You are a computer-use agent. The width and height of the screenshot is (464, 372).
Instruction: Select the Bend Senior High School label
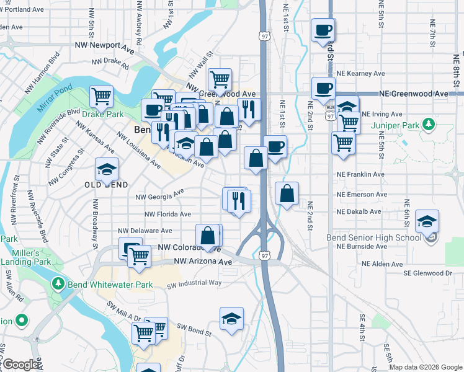[374, 237]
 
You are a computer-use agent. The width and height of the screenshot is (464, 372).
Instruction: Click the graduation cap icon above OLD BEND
[107, 169]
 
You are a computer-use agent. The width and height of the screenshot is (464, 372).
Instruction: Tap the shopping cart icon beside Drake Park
[101, 96]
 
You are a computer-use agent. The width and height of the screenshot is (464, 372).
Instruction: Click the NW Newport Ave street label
[104, 45]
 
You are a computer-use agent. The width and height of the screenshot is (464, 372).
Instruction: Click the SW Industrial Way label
[194, 284]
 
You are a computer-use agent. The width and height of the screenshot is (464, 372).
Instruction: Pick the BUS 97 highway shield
[329, 112]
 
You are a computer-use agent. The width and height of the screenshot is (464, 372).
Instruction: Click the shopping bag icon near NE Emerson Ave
[287, 193]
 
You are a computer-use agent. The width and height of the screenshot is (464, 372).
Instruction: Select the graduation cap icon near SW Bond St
[231, 319]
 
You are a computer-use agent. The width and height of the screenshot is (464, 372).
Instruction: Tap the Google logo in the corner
[20, 365]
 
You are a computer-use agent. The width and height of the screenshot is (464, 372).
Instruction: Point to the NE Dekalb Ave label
[359, 211]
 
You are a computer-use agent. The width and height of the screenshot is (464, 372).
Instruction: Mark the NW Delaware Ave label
[149, 231]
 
